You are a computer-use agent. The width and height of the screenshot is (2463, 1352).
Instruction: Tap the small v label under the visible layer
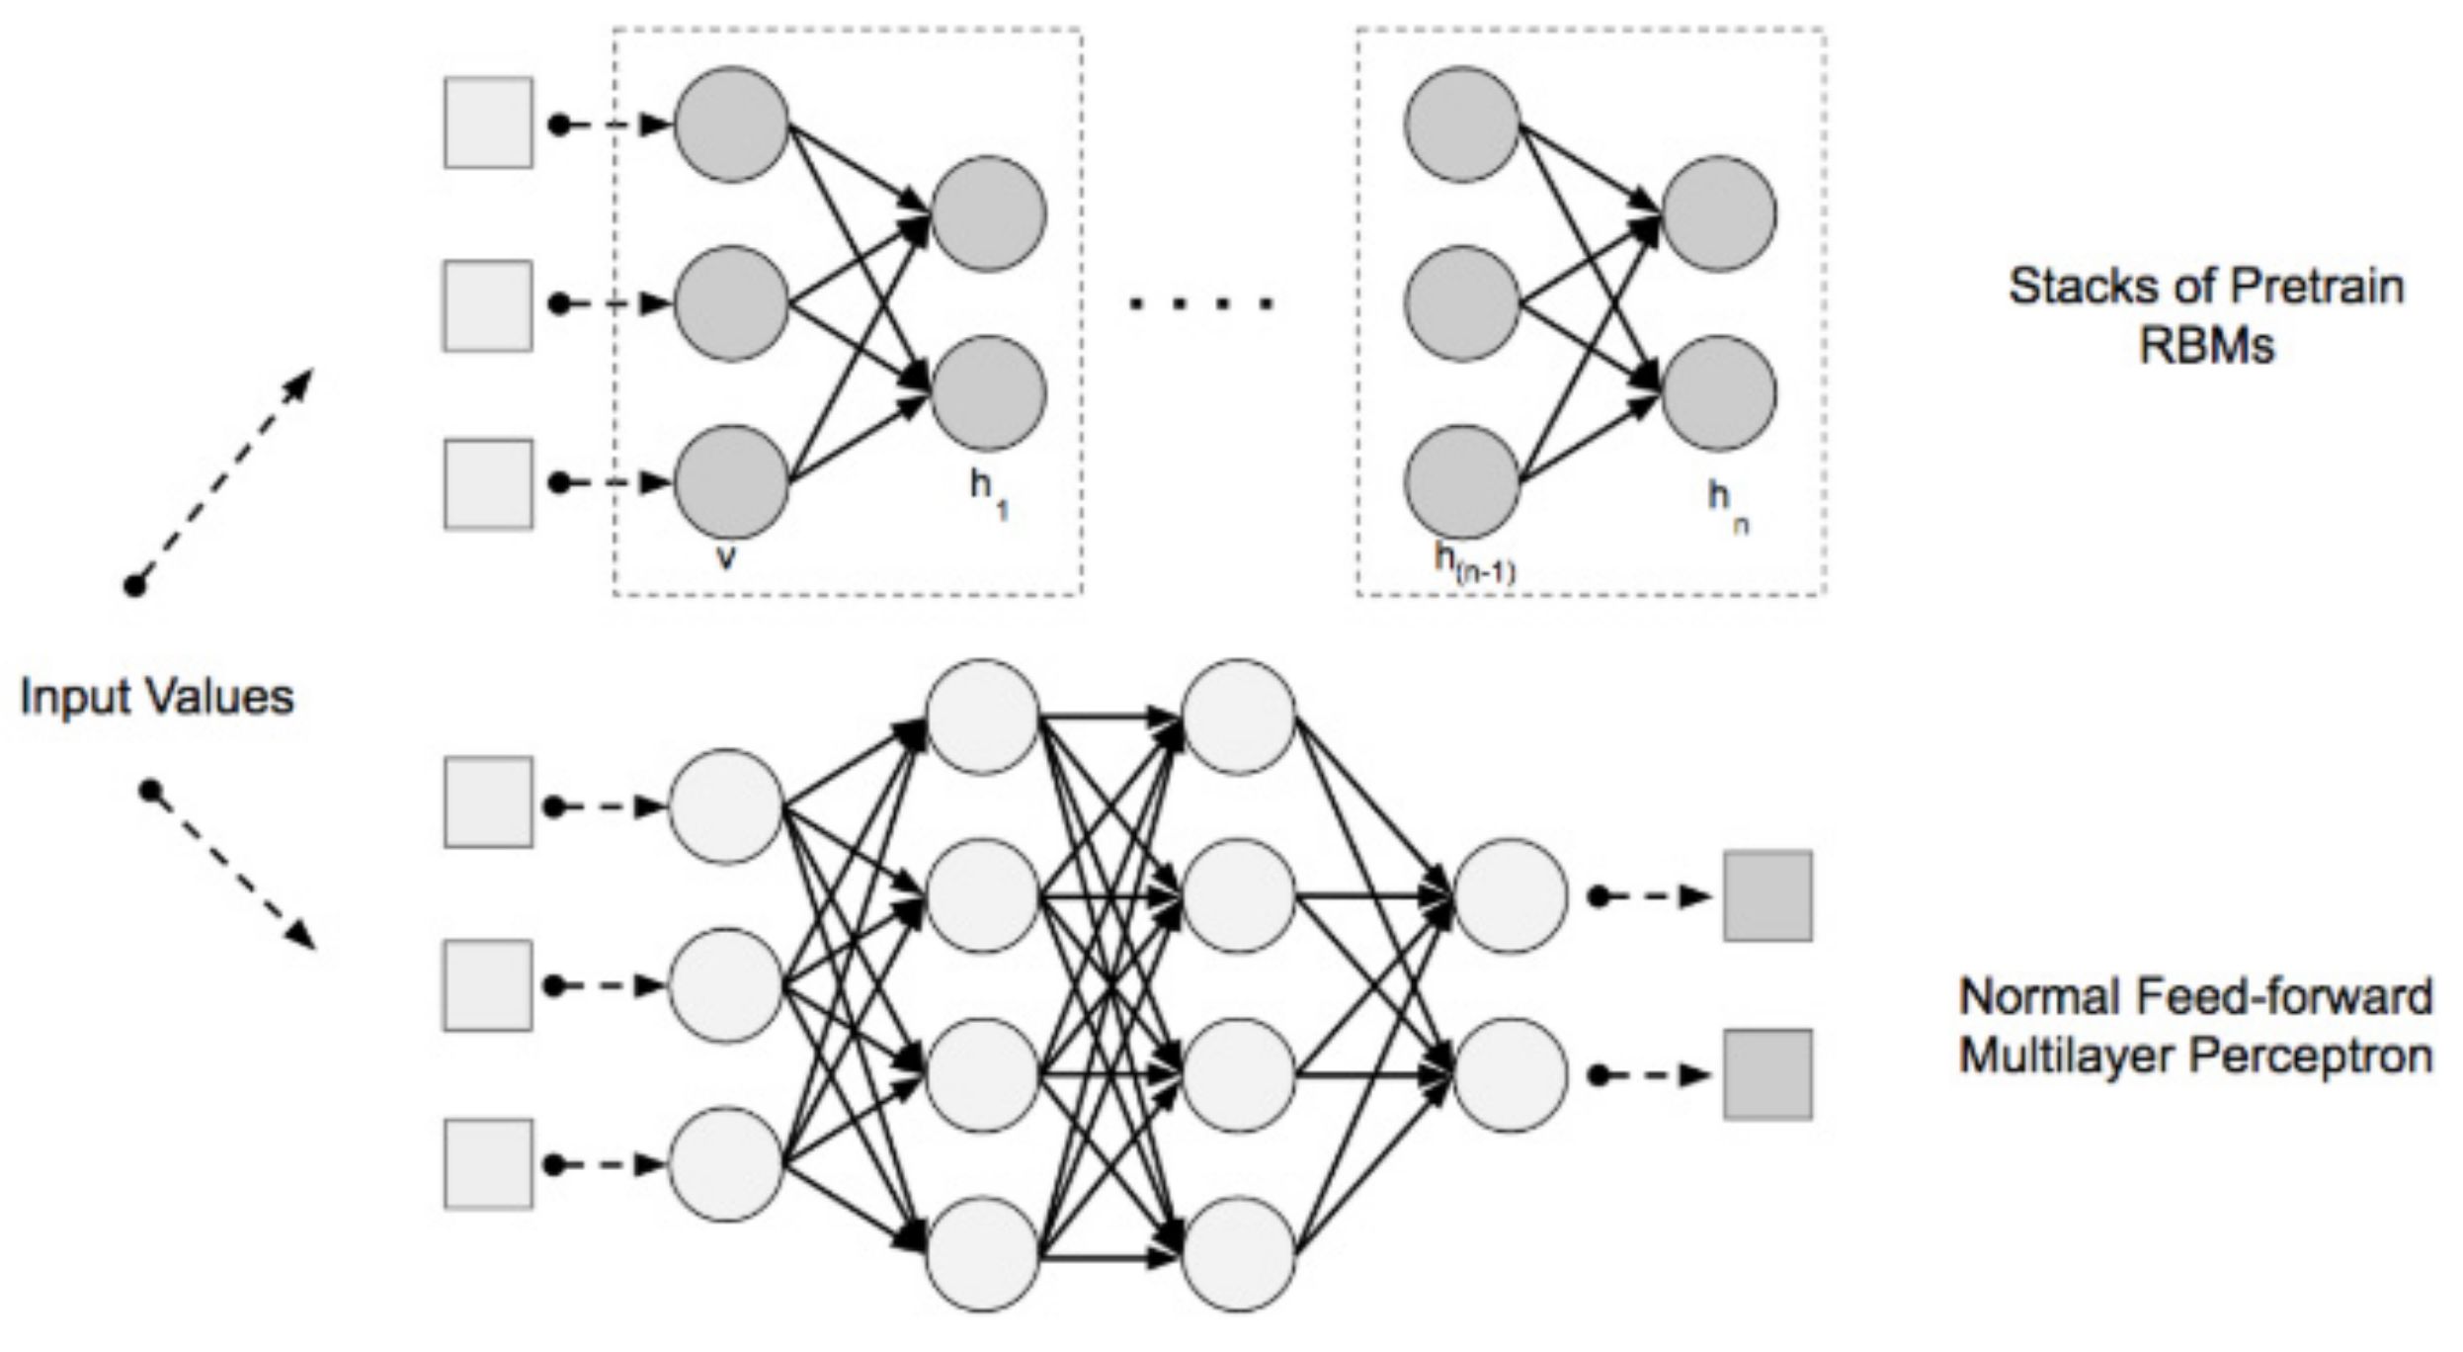726,557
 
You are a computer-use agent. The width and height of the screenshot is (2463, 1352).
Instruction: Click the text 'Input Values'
156,697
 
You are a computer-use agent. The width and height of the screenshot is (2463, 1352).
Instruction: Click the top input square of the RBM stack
488,123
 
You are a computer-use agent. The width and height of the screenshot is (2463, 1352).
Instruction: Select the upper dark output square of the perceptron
1767,895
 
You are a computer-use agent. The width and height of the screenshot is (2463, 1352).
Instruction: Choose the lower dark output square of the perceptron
1767,1074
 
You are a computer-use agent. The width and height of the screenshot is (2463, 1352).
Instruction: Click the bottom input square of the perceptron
488,1163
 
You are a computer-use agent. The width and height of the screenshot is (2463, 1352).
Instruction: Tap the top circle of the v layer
731,125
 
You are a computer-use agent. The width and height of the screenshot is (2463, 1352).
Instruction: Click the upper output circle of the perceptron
1510,895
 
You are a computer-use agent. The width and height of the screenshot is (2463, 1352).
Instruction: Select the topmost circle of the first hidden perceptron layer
982,717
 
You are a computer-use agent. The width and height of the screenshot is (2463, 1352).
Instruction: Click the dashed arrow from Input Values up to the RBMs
222,478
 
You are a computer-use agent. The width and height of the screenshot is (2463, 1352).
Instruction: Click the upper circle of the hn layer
1718,213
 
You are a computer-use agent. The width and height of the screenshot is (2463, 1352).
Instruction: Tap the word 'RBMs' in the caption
2206,346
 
